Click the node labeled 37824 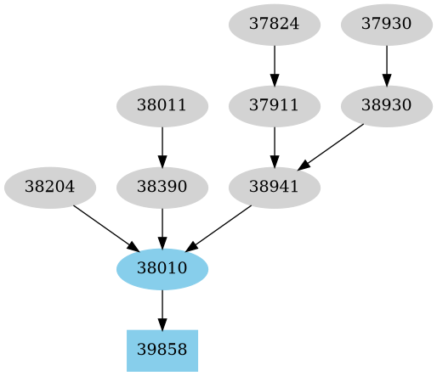click(x=275, y=24)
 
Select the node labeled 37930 click(x=387, y=24)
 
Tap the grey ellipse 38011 click(x=162, y=106)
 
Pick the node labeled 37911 click(x=275, y=106)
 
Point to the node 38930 click(x=387, y=106)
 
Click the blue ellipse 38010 click(x=162, y=269)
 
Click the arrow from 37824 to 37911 click(x=275, y=65)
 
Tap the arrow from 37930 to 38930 click(x=387, y=65)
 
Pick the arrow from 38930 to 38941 click(x=331, y=147)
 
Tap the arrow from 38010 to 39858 click(x=162, y=309)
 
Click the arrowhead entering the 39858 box click(x=162, y=323)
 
